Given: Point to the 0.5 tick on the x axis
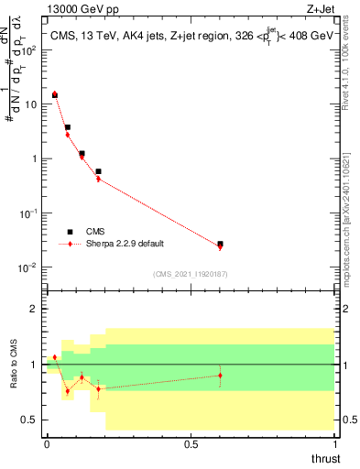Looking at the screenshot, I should coord(191,443).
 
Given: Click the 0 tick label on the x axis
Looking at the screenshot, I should coord(47,443).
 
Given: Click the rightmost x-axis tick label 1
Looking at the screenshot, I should coord(334,443).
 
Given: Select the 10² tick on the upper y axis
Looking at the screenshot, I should coord(31,50).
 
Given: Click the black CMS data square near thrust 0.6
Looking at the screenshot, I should coord(220,245).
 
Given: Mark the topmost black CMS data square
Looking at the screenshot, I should coord(55,94).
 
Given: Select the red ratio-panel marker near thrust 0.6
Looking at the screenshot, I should coord(220,376).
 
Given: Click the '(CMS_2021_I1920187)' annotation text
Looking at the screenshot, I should coord(190,274).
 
